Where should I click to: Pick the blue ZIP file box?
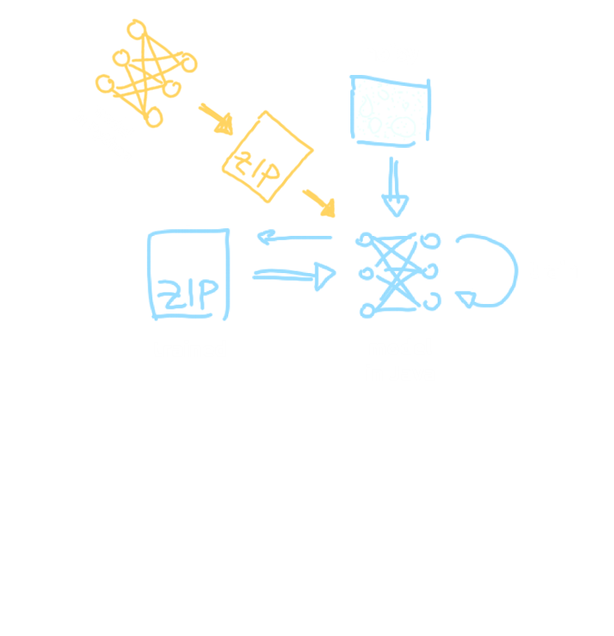coord(189,275)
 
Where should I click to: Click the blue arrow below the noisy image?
coord(395,186)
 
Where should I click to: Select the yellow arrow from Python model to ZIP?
coord(216,115)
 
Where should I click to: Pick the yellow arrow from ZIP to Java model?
coord(319,201)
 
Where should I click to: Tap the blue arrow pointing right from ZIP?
coord(294,275)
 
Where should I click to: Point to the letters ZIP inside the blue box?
coord(189,294)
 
